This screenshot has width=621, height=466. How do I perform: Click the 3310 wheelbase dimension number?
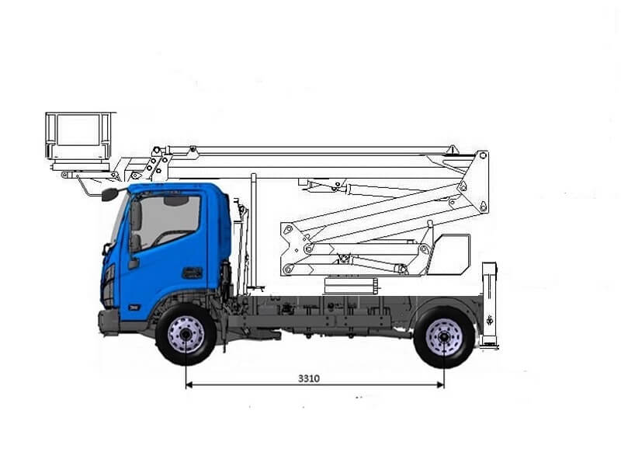pyautogui.click(x=309, y=378)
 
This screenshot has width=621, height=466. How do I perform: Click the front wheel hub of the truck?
pyautogui.click(x=186, y=336)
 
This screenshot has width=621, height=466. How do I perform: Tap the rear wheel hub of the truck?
pyautogui.click(x=444, y=337)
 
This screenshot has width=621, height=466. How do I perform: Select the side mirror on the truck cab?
pyautogui.click(x=109, y=194)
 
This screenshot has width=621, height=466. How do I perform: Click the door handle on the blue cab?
pyautogui.click(x=192, y=273)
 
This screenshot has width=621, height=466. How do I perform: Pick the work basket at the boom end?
pyautogui.click(x=78, y=137)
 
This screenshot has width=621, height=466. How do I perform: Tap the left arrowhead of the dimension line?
pyautogui.click(x=189, y=384)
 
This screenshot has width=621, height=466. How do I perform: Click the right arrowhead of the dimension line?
pyautogui.click(x=440, y=384)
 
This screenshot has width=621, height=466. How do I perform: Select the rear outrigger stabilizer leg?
pyautogui.click(x=490, y=304)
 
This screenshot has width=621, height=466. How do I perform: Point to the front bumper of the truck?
pyautogui.click(x=109, y=322)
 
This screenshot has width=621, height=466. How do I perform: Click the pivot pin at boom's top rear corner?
pyautogui.click(x=482, y=156)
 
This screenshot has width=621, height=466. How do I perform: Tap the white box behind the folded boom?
pyautogui.click(x=450, y=254)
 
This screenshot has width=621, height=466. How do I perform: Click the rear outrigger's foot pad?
pyautogui.click(x=490, y=345)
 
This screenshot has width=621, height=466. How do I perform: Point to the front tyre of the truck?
pyautogui.click(x=186, y=336)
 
